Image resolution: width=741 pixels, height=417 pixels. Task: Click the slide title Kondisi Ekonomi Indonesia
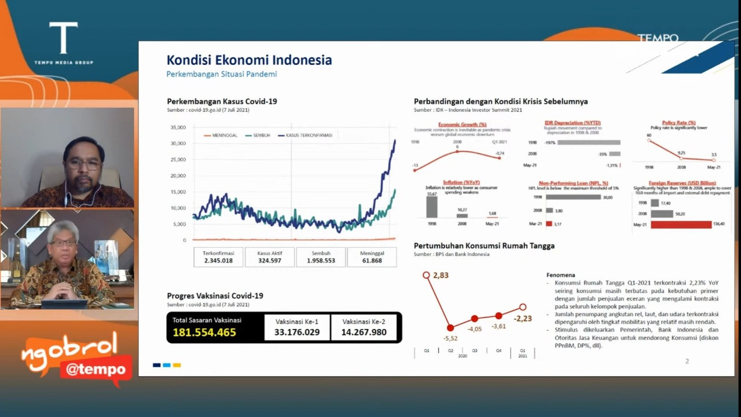pos(249,60)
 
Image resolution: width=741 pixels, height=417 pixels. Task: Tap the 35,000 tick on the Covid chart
pos(178,127)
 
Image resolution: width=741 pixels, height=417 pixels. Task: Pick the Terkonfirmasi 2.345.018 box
pos(218,257)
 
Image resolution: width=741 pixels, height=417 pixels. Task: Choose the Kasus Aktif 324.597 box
pos(270,257)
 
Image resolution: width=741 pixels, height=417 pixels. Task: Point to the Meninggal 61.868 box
pos(372,257)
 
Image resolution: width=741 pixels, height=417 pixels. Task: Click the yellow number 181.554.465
pos(204,332)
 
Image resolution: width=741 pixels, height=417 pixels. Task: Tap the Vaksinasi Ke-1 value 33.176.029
pos(297,332)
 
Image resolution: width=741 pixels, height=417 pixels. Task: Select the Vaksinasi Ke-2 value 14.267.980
pos(364,332)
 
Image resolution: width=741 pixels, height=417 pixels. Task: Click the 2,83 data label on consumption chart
pos(441,276)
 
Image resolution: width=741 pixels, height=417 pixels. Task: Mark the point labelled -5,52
pos(450,328)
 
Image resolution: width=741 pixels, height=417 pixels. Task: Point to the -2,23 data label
pos(522,319)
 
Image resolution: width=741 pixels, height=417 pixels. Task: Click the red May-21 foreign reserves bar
pos(681,224)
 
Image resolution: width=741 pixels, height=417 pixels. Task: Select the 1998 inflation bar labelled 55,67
pos(432,207)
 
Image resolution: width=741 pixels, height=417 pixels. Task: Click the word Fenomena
pos(560,275)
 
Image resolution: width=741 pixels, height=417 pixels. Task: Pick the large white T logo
pos(63,38)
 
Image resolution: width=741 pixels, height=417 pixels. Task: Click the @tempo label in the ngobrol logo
pos(96,370)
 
